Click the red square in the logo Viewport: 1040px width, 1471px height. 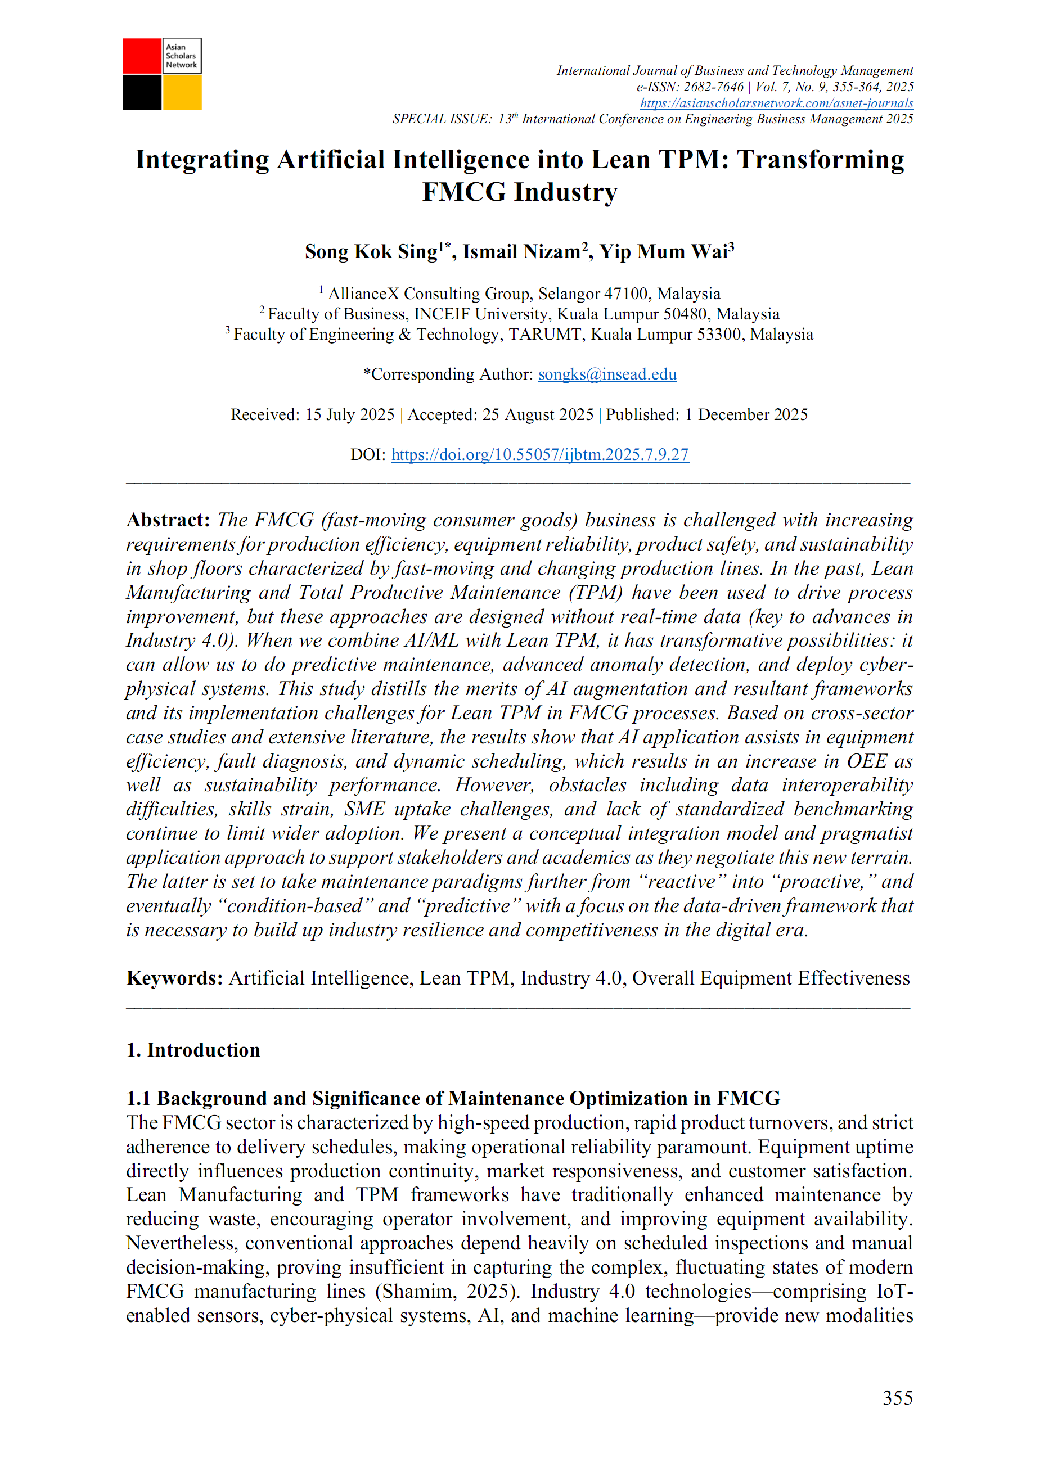(142, 56)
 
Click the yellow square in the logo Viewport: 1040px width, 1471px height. (182, 93)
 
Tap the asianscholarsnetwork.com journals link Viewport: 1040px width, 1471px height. (776, 103)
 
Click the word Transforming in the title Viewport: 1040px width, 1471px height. (820, 160)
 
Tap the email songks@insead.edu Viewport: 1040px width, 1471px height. (607, 374)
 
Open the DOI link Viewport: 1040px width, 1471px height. (539, 455)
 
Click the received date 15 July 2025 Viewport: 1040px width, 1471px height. (349, 414)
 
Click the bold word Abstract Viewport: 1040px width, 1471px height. (168, 520)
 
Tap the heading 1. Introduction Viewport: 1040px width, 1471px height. (193, 1050)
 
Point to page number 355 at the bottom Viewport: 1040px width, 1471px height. (897, 1397)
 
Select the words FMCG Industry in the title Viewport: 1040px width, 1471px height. (519, 192)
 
